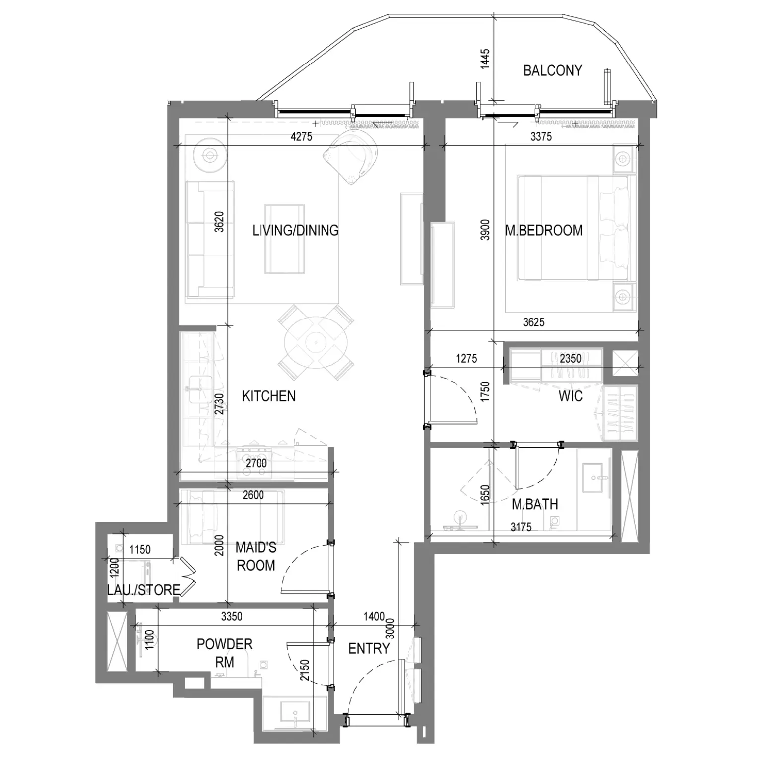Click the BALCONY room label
(x=552, y=70)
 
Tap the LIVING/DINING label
(x=295, y=230)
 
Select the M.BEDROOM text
(x=544, y=230)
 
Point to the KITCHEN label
(x=268, y=396)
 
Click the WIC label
(x=570, y=396)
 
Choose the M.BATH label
(x=535, y=504)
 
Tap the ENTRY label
(x=369, y=648)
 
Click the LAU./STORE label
(x=143, y=590)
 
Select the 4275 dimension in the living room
(x=301, y=136)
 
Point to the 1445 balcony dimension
(x=485, y=59)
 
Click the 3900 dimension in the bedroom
(x=485, y=230)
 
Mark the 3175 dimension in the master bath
(x=521, y=527)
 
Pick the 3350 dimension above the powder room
(x=232, y=616)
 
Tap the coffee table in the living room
(x=284, y=239)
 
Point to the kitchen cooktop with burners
(x=254, y=463)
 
